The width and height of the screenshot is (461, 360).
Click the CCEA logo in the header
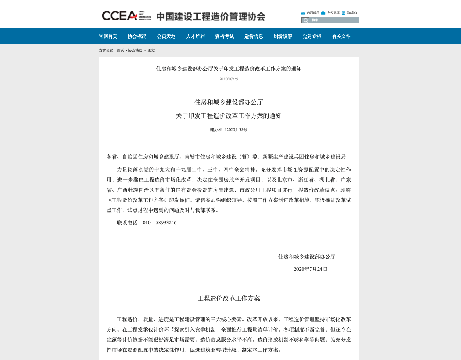(126, 16)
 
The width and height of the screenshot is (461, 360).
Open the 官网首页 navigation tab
(108, 36)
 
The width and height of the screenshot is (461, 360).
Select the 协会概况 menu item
(137, 36)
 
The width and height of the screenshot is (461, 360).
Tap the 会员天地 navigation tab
(166, 36)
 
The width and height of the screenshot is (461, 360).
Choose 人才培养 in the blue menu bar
(195, 36)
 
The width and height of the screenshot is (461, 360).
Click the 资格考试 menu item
(224, 36)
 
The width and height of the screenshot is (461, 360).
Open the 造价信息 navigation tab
(254, 36)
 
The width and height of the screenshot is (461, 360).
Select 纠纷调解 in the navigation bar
(283, 36)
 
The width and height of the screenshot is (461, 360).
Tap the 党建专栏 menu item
(312, 36)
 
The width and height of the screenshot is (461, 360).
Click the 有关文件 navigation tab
(341, 36)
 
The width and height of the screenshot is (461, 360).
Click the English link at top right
(352, 12)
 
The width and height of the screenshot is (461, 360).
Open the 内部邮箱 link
(313, 12)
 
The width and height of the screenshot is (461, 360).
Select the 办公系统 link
(333, 12)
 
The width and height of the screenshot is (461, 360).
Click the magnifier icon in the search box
(306, 20)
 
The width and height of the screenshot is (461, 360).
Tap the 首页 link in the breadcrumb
(120, 50)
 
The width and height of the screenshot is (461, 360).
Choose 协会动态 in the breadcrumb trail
(135, 50)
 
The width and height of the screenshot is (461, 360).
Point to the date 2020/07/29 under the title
(228, 79)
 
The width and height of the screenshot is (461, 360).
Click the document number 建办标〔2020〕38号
(228, 130)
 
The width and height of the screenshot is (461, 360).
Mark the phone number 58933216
(166, 223)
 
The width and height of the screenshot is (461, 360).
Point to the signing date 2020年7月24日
(310, 269)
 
